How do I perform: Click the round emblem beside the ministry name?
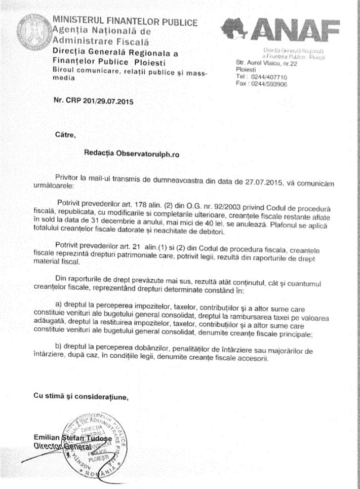click(x=33, y=33)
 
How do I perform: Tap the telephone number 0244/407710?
click(x=269, y=77)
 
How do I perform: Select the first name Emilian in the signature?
click(x=46, y=437)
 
